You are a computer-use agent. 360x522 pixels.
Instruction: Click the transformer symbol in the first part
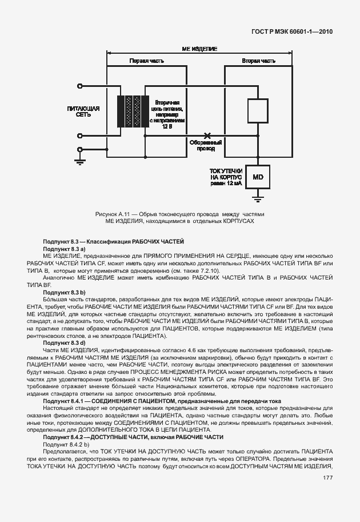130,112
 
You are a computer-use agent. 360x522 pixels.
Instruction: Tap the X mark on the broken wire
207,136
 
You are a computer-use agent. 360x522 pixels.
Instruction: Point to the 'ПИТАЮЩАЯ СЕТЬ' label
83,111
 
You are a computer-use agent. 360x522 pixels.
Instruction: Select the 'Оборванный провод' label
206,146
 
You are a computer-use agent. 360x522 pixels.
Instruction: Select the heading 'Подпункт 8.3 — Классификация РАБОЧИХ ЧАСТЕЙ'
113,243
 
